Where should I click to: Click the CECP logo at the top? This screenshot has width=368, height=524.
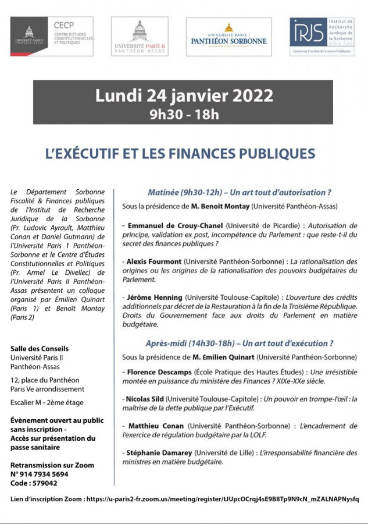[x=51, y=36]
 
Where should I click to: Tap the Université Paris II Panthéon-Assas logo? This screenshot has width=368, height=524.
[x=140, y=36]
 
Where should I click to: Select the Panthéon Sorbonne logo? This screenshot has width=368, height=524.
[x=228, y=36]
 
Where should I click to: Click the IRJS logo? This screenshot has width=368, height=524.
[x=322, y=36]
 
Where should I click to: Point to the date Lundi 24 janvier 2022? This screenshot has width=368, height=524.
[x=184, y=95]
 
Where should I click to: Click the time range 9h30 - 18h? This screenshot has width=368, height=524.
[x=184, y=114]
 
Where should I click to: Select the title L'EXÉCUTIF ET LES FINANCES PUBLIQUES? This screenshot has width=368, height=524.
[x=180, y=154]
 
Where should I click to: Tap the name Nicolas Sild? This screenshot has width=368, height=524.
[x=147, y=399]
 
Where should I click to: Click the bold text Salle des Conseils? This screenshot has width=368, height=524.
[x=40, y=349]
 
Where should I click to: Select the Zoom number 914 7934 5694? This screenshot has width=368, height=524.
[x=44, y=475]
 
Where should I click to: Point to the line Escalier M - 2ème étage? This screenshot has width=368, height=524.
[x=47, y=402]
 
